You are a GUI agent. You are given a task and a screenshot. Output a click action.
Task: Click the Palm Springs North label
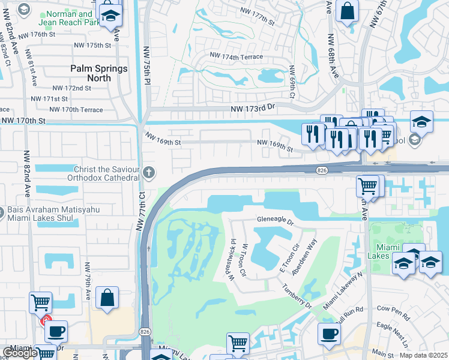tap(99, 73)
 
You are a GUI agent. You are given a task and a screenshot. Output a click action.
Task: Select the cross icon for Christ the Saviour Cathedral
tap(149, 173)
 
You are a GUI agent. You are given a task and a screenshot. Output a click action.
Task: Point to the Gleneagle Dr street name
tap(276, 221)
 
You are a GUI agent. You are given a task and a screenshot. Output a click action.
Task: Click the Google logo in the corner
tap(20, 353)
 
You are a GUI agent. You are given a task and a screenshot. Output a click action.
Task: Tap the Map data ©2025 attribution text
tap(423, 355)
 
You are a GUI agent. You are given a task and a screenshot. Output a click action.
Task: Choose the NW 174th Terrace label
tap(236, 55)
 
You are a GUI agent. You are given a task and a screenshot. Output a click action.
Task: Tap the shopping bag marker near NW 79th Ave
tap(107, 298)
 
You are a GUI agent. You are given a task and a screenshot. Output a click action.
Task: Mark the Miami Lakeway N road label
tap(343, 291)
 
